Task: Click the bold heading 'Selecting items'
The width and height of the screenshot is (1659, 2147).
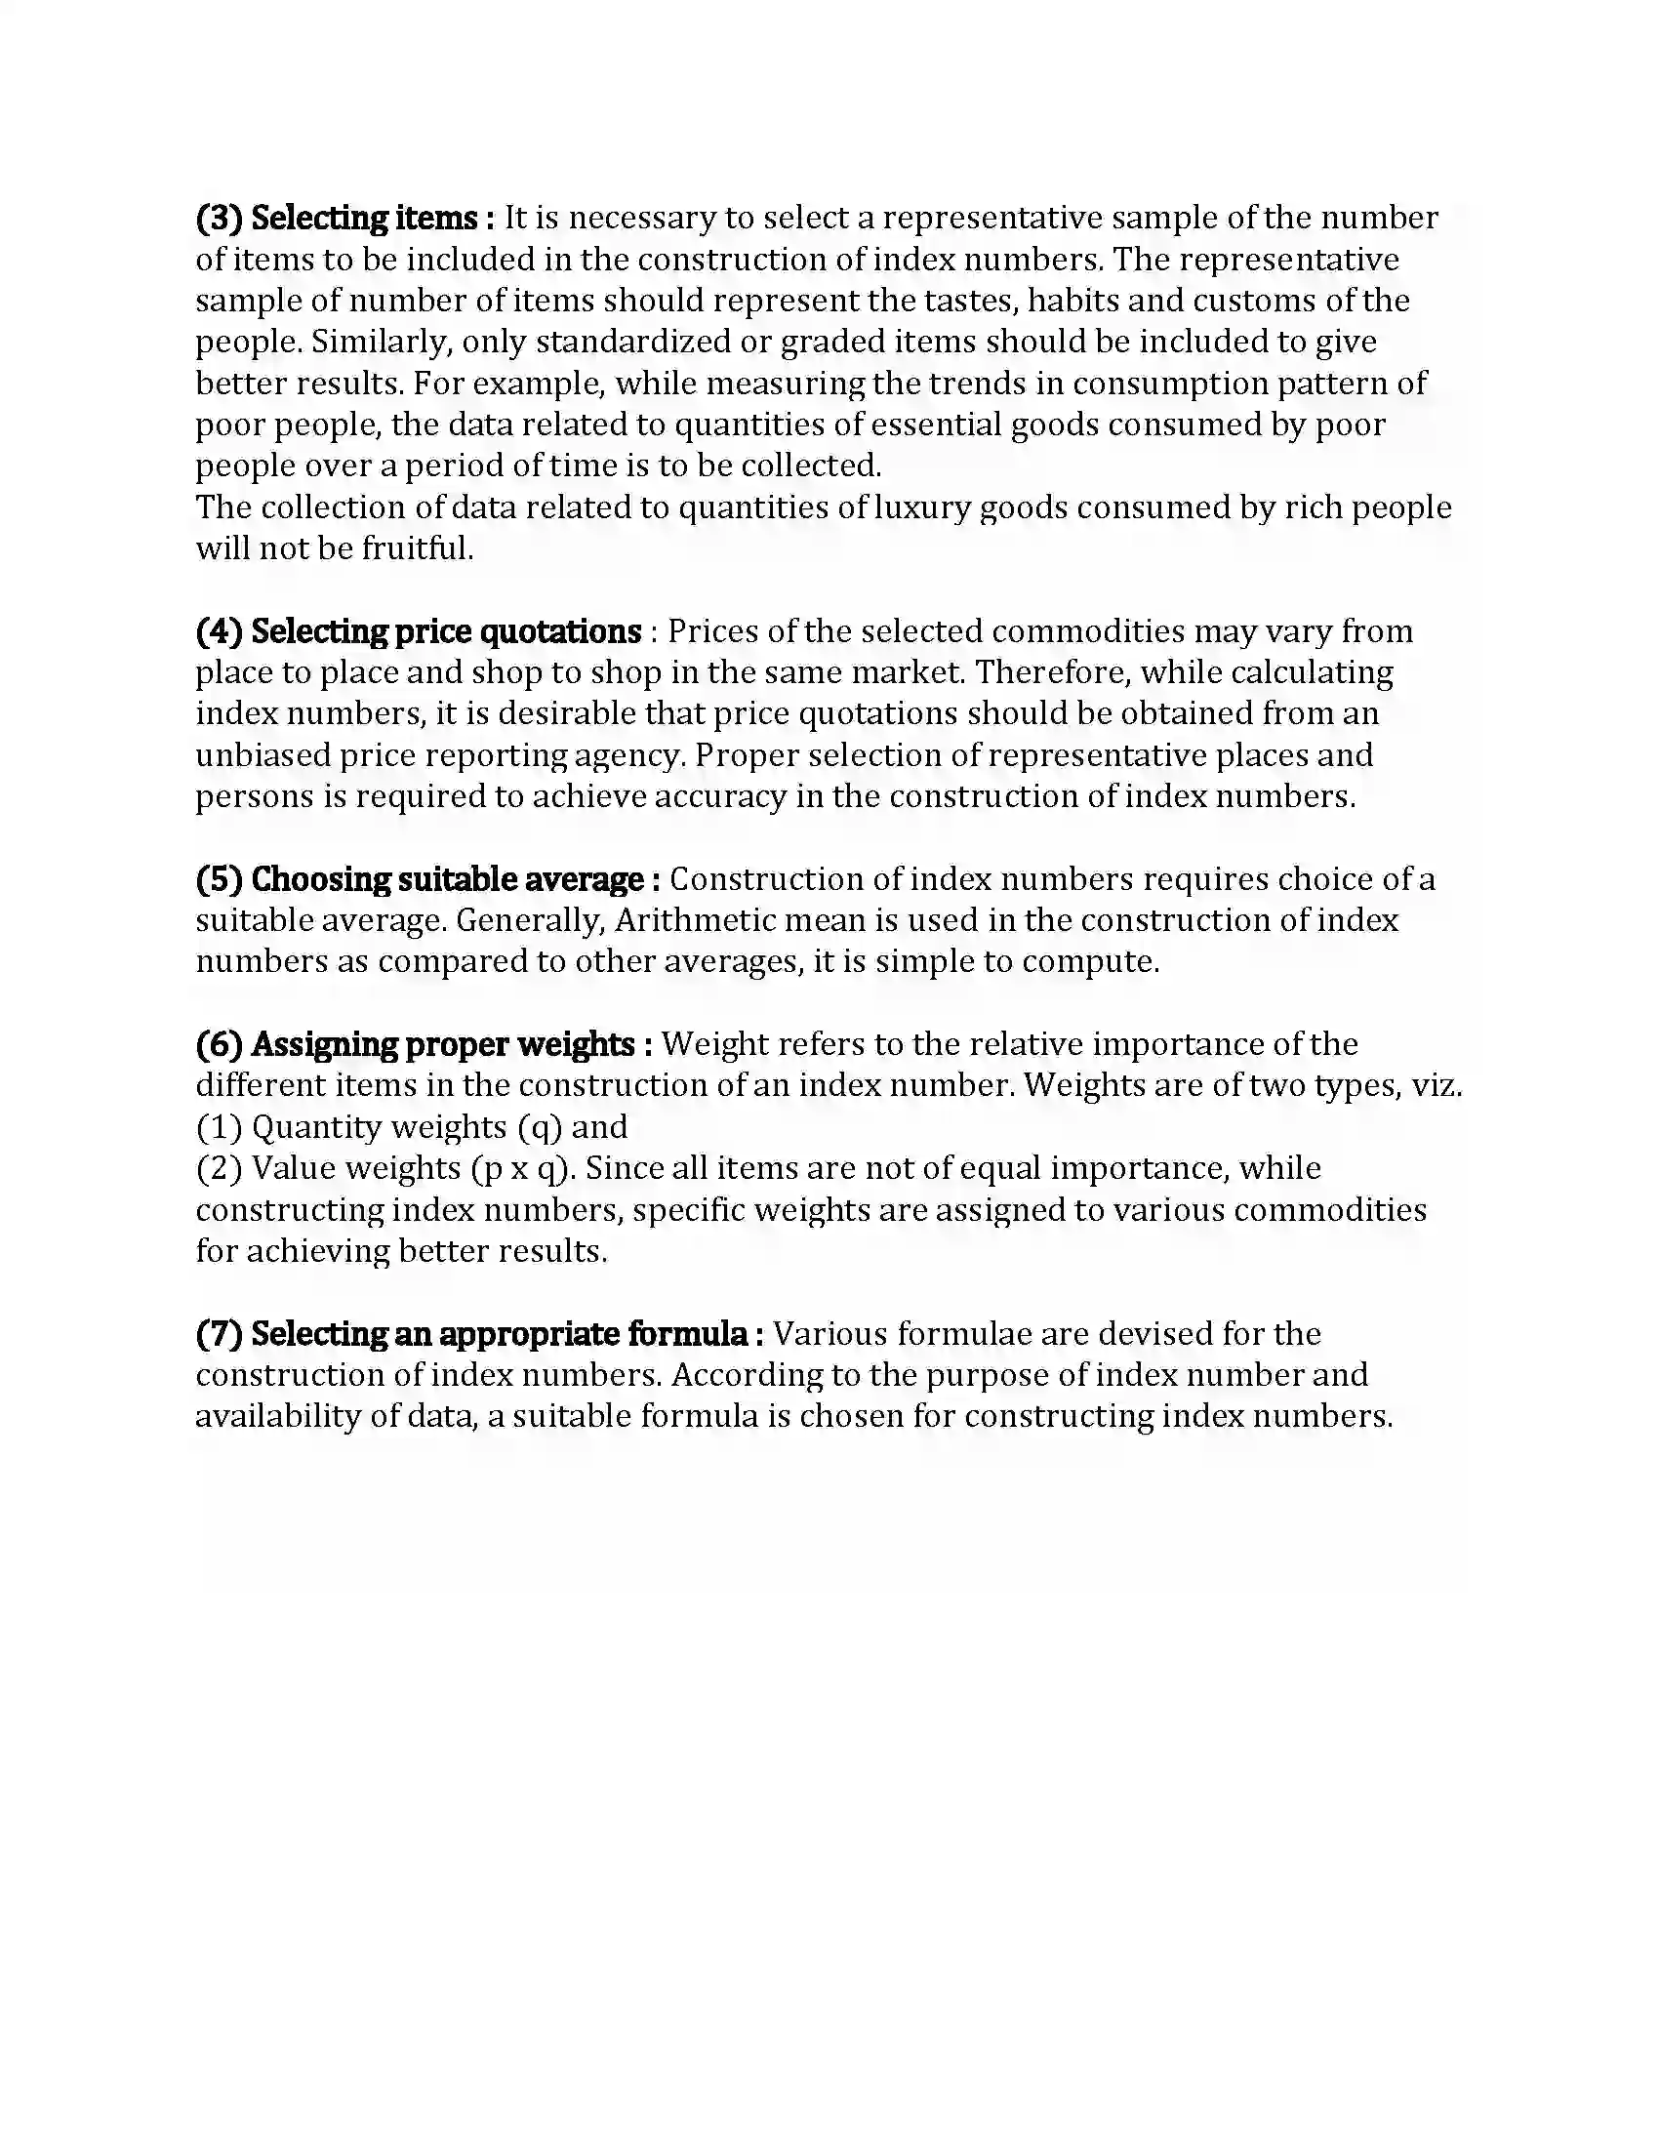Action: pos(364,218)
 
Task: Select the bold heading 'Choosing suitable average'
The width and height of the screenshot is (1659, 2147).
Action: pos(447,879)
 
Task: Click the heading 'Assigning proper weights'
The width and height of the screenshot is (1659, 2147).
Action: pos(442,1044)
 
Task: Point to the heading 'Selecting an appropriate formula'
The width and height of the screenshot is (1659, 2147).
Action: pos(500,1334)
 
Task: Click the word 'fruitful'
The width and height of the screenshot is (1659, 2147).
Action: pos(417,548)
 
